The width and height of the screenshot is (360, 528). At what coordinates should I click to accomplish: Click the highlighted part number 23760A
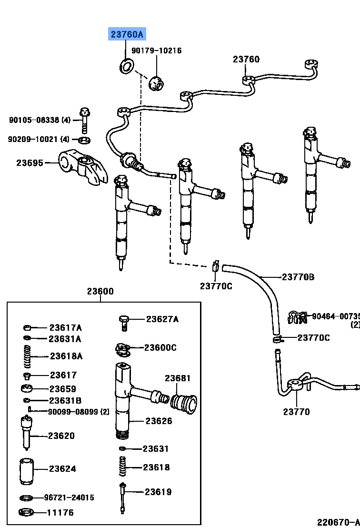pos(127,34)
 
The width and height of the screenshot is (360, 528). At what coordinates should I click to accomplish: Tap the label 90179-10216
pos(157,51)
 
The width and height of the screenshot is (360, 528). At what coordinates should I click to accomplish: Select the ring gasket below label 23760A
pos(126,66)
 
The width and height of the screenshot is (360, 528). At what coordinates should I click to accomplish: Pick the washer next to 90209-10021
pos(85,140)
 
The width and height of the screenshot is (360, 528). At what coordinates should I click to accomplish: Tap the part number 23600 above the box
pos(100,292)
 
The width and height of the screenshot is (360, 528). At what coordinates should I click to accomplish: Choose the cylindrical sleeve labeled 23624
pos(27,469)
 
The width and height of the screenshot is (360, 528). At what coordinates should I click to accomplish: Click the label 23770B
pos(298,276)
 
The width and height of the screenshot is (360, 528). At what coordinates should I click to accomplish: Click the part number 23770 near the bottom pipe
pos(296,412)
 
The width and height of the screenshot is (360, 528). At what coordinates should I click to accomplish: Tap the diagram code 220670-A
pos(339,522)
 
